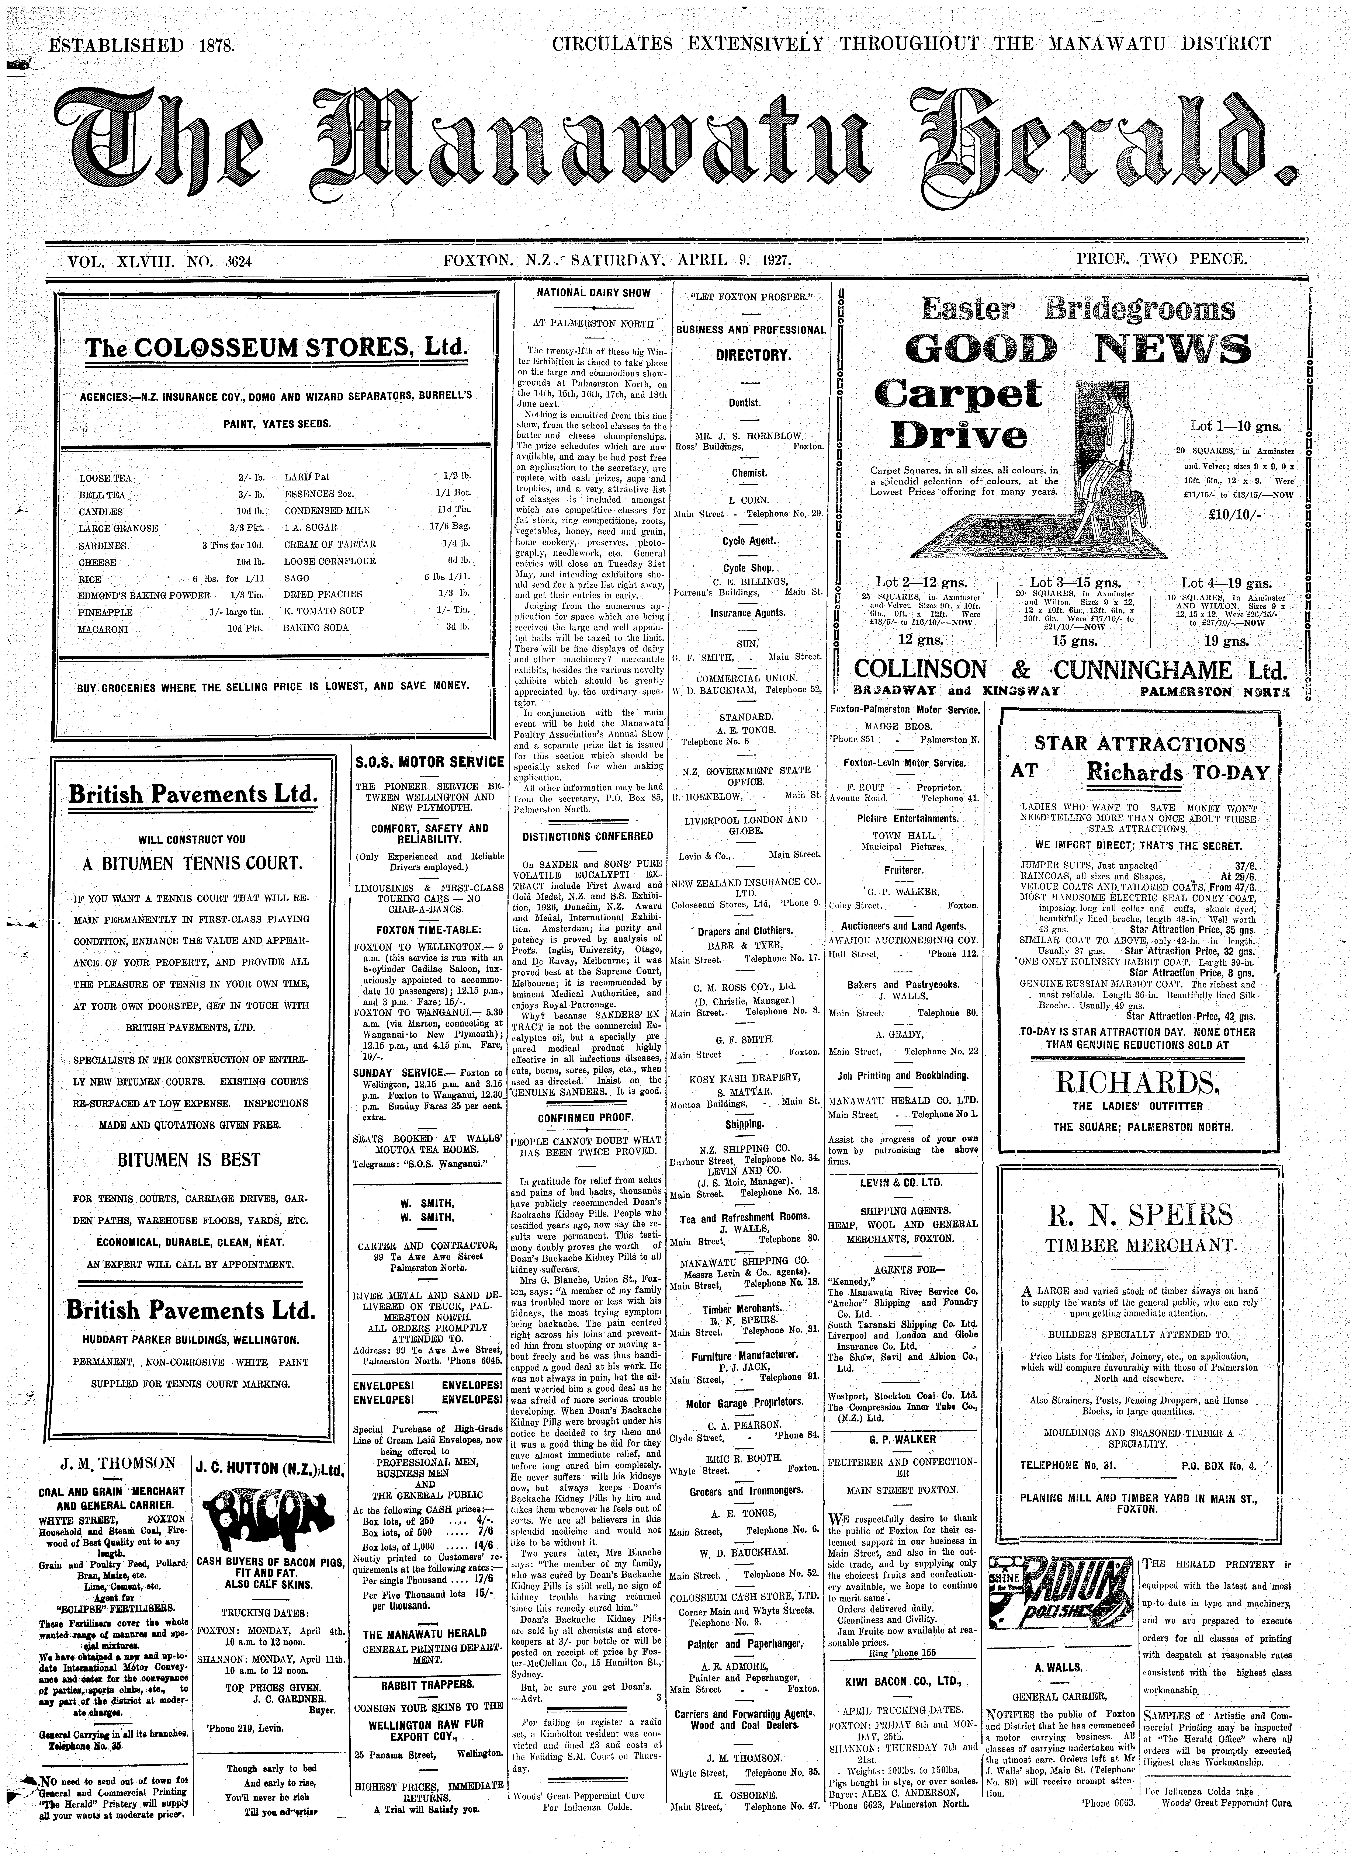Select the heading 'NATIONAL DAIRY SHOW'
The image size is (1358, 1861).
point(593,293)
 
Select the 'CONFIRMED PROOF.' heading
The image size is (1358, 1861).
point(585,1118)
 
